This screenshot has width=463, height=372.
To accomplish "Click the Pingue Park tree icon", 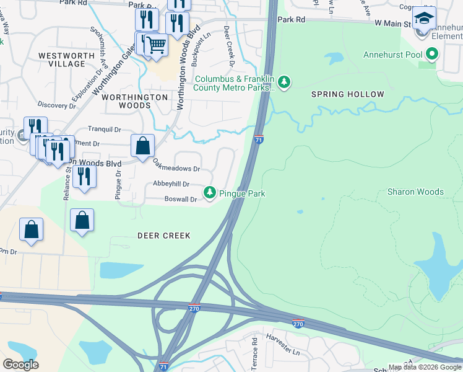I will [x=210, y=193].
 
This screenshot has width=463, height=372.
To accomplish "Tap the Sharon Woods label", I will [x=415, y=192].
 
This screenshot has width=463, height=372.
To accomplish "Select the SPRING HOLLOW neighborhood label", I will [x=347, y=94].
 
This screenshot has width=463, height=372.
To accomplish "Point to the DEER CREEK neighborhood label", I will [x=163, y=236].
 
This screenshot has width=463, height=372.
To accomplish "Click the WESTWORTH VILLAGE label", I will [x=62, y=60].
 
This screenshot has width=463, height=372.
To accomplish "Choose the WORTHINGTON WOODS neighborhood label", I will [x=134, y=101].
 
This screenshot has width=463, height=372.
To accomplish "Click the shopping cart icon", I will [x=156, y=45].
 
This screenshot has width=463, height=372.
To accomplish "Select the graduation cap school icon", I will [x=424, y=18].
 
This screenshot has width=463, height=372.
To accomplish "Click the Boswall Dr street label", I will [x=180, y=199].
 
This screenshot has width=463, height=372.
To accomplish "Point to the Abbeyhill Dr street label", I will [x=171, y=184].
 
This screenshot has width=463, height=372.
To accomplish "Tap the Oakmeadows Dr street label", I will [x=176, y=165].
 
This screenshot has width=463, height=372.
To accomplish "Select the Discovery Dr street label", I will [x=56, y=105].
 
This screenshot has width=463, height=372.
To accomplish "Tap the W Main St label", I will [x=393, y=24].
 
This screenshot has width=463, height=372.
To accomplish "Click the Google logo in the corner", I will [x=20, y=364].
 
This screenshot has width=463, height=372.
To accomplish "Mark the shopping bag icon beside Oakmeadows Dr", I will [x=142, y=146].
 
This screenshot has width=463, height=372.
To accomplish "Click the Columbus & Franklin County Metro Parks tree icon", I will [x=284, y=82].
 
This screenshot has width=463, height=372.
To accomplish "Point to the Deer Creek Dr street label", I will [x=228, y=46].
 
